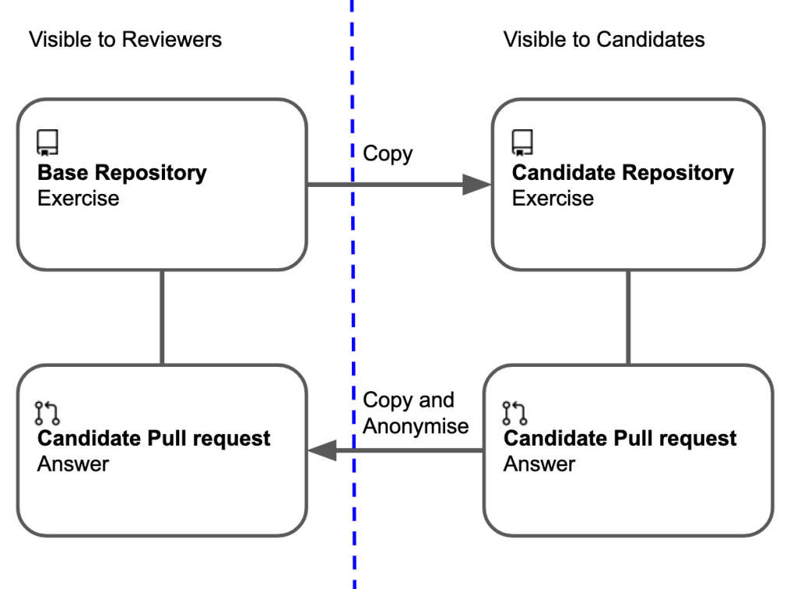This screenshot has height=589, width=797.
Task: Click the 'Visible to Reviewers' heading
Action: click(125, 39)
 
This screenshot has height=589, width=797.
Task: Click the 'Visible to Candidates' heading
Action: click(604, 39)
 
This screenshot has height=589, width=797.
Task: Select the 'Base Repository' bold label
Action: click(122, 172)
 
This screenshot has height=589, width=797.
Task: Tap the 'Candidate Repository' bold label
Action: click(623, 172)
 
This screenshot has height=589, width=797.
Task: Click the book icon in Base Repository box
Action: click(48, 143)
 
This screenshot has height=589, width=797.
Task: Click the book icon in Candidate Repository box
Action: click(522, 143)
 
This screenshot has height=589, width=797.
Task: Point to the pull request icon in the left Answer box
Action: click(48, 412)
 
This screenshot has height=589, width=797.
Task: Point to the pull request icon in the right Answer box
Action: click(514, 412)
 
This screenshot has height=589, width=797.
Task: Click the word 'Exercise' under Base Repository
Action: click(79, 198)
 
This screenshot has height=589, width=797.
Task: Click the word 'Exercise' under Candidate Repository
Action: click(553, 198)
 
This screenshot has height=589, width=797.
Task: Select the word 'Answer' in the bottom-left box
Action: click(73, 464)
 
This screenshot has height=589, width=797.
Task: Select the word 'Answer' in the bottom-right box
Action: click(539, 464)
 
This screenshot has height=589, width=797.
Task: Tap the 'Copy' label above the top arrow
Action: click(388, 153)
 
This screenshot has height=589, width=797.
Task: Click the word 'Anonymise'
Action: click(416, 426)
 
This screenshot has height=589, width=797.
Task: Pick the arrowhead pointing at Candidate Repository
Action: click(476, 185)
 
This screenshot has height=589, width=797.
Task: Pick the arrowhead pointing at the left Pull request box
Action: click(322, 450)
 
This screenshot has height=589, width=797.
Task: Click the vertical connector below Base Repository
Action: click(162, 317)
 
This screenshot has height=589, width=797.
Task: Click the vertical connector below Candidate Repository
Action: click(628, 317)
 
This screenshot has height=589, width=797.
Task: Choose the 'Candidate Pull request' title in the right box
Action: click(620, 438)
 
